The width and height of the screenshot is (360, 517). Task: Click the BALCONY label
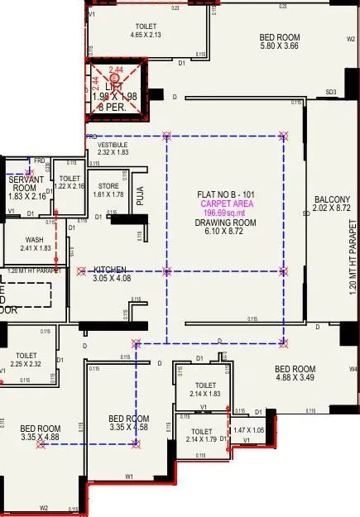pos(331,199)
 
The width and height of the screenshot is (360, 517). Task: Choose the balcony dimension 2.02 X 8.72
pos(331,209)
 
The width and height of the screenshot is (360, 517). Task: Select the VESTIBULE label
pos(113,144)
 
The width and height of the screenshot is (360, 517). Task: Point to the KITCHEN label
pos(109,270)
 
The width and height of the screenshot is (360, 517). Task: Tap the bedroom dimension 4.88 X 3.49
pos(295,378)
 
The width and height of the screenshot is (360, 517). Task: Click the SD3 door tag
pos(331,92)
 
